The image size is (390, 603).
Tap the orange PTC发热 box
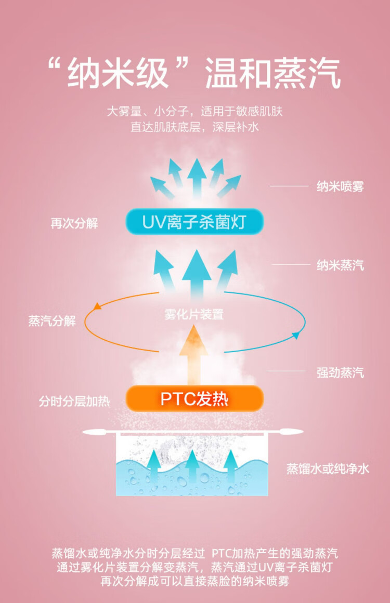(x=194, y=399)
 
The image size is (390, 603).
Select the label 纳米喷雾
(x=340, y=186)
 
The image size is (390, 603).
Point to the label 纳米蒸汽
(x=340, y=265)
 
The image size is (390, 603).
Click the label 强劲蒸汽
(x=340, y=372)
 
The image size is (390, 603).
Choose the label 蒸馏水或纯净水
(x=328, y=468)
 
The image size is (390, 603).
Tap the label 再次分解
(x=74, y=223)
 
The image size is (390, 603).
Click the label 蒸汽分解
(x=52, y=321)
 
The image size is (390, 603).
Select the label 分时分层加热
(x=74, y=401)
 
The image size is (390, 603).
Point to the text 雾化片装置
(x=193, y=314)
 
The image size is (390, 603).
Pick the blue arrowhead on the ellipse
(x=295, y=336)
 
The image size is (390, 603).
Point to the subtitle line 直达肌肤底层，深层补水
(x=194, y=127)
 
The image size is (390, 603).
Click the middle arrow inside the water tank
(x=192, y=467)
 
